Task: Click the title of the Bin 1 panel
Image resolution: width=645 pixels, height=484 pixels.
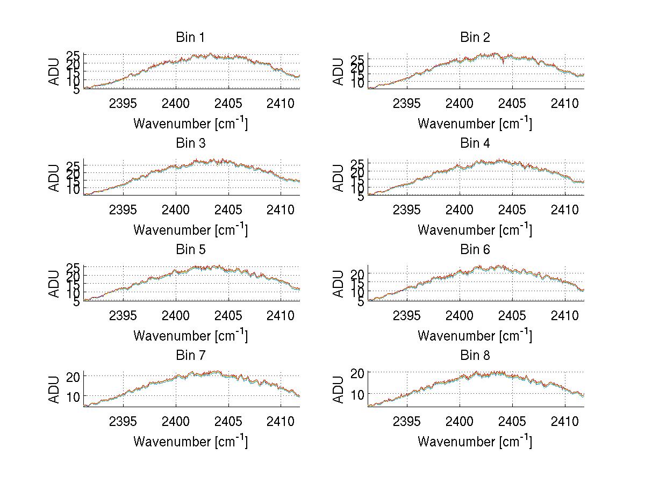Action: tap(190, 38)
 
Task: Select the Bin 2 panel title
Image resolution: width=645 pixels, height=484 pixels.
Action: tap(475, 38)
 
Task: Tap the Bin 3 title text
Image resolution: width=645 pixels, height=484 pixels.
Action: tap(190, 143)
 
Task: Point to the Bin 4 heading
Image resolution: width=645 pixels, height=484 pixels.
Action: tap(475, 143)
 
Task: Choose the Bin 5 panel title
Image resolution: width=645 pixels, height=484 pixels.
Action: tap(190, 250)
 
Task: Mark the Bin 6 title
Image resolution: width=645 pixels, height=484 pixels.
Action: tap(475, 250)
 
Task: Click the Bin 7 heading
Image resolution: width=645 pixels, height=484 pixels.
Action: tap(190, 356)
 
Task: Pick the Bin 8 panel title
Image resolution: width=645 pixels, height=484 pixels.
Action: tap(475, 356)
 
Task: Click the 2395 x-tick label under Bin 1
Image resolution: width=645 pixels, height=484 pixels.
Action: tap(123, 103)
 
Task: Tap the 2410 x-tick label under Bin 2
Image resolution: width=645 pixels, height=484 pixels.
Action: tap(564, 103)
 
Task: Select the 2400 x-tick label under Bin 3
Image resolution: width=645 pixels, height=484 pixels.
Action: tap(176, 209)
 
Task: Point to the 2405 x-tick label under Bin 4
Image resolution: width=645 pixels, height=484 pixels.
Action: tap(512, 209)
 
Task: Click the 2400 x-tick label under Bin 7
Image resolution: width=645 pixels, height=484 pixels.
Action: tap(176, 421)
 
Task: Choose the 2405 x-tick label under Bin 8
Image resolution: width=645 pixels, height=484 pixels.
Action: tap(512, 421)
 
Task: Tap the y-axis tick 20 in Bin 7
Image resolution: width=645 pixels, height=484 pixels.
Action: tap(74, 377)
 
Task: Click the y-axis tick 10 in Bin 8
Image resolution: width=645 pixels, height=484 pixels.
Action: tap(358, 394)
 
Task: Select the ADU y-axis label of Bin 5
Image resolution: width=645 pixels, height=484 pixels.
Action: tap(54, 284)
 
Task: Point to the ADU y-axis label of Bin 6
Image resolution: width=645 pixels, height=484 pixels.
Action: tap(339, 284)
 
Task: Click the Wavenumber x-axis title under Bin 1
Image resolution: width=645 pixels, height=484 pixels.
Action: tap(190, 124)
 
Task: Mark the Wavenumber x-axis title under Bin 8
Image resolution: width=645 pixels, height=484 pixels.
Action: tap(475, 442)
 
